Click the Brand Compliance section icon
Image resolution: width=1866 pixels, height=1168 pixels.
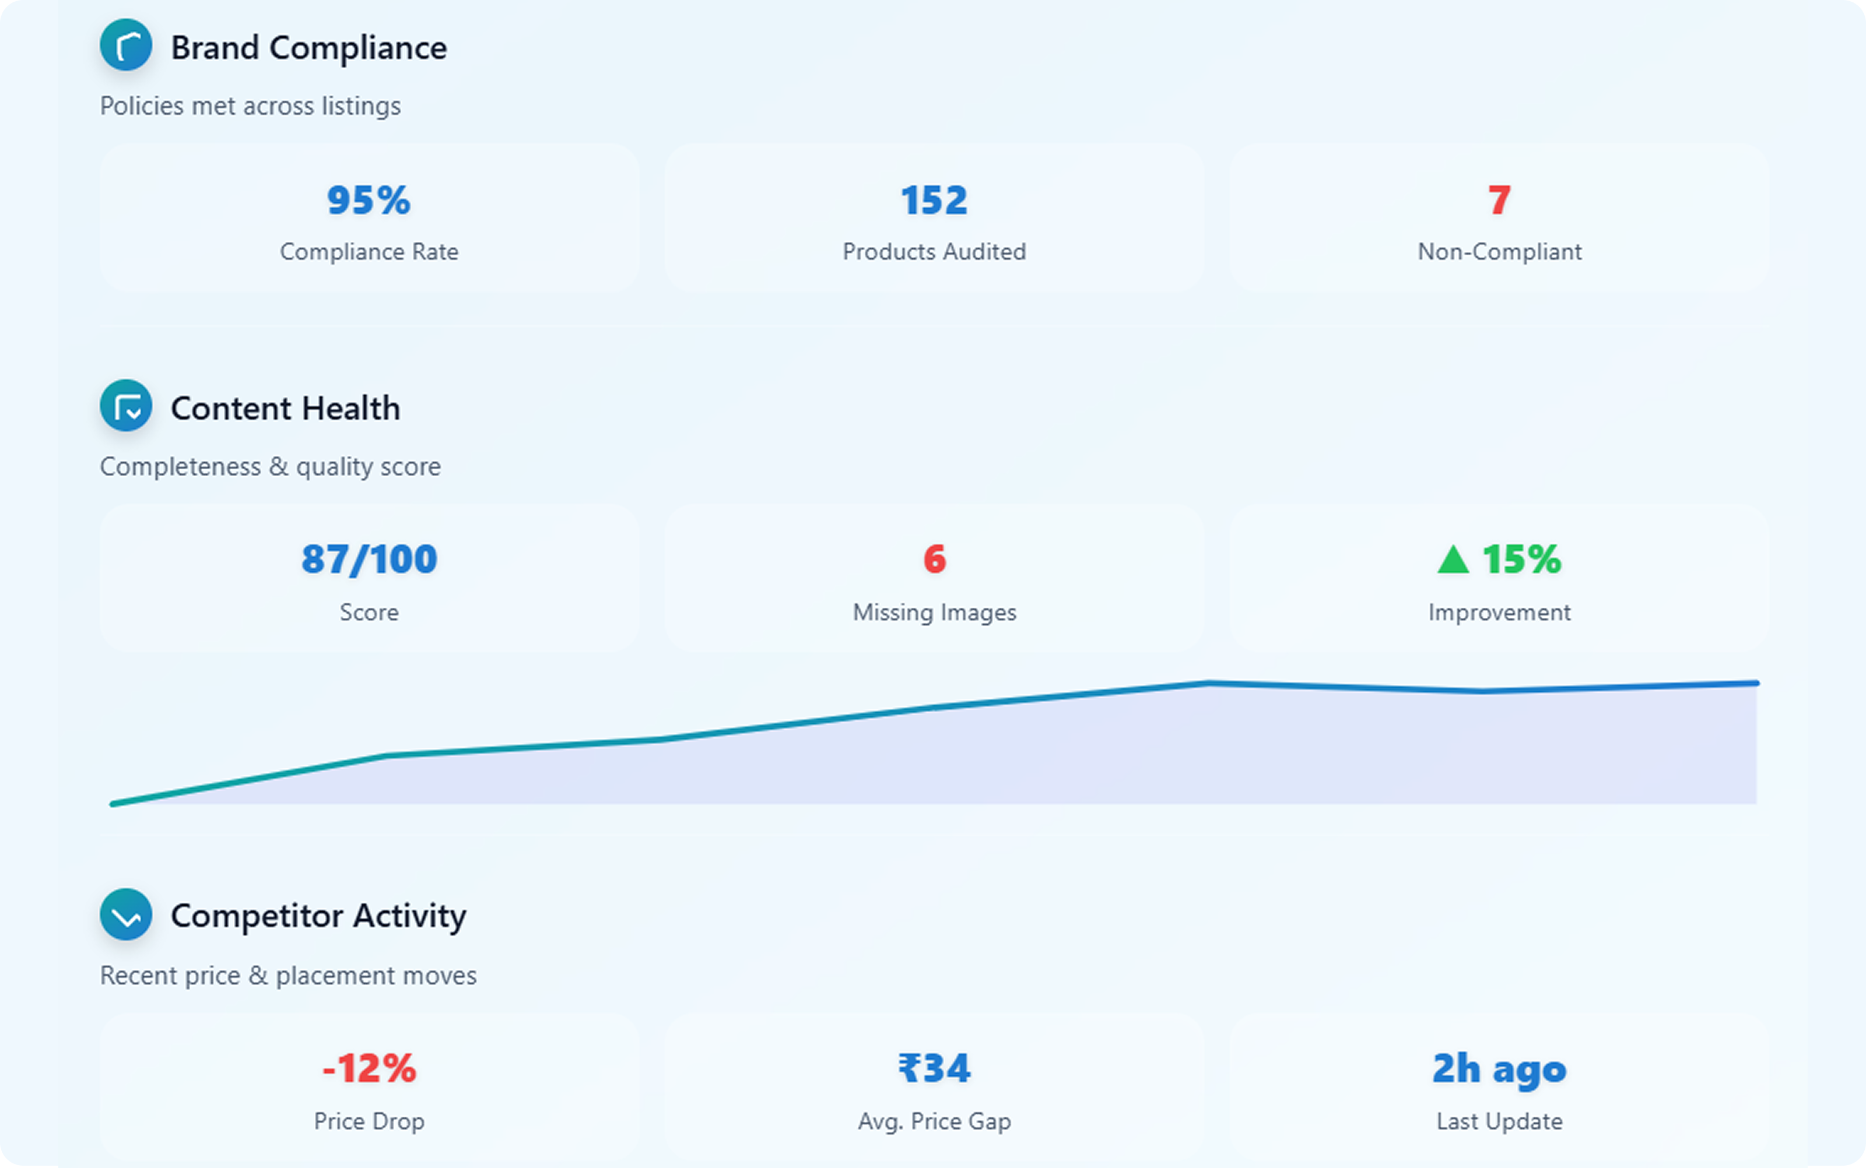126,45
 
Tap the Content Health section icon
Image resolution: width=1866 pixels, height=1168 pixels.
126,406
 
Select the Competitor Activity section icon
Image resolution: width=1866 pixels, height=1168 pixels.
126,914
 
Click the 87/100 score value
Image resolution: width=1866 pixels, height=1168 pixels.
369,560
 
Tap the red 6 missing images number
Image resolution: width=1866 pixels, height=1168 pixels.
934,560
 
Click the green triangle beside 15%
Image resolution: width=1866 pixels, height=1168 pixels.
1453,560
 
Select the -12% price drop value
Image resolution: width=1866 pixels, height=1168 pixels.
369,1069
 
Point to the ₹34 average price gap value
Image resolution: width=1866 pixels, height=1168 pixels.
934,1069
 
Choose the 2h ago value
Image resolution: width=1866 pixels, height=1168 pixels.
1499,1069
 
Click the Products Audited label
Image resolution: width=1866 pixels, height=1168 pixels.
934,252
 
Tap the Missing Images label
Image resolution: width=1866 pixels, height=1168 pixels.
934,613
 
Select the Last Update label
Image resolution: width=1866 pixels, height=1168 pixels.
1499,1121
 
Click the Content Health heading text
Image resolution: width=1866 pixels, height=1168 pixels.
285,409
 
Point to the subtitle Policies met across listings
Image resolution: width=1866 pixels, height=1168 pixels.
250,106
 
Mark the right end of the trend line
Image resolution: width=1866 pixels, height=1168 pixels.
1756,684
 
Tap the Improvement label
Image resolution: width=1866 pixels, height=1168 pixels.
1499,613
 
